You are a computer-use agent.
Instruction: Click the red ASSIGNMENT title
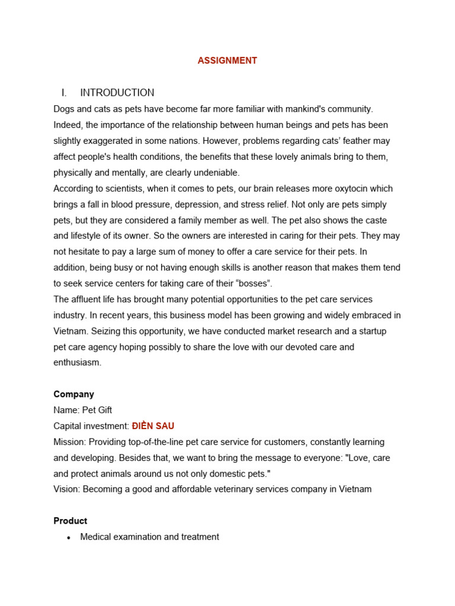click(x=227, y=60)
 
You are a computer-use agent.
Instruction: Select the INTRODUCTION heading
click(x=117, y=93)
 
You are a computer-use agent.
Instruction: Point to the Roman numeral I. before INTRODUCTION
click(x=65, y=93)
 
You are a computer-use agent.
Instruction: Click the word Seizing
click(x=109, y=331)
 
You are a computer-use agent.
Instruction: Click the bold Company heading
click(x=74, y=394)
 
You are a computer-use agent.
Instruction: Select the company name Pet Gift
click(x=97, y=410)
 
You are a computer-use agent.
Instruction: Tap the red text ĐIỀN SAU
click(x=153, y=426)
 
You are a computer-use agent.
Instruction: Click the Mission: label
click(x=71, y=442)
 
